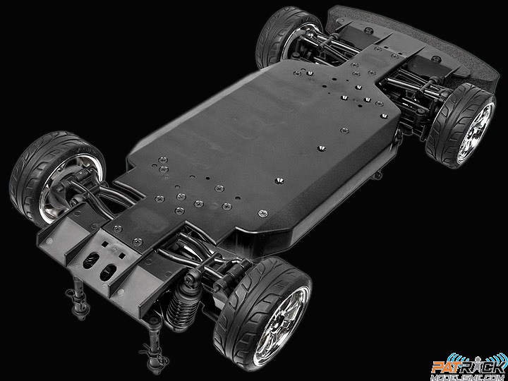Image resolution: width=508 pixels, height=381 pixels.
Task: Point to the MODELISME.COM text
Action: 468,377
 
